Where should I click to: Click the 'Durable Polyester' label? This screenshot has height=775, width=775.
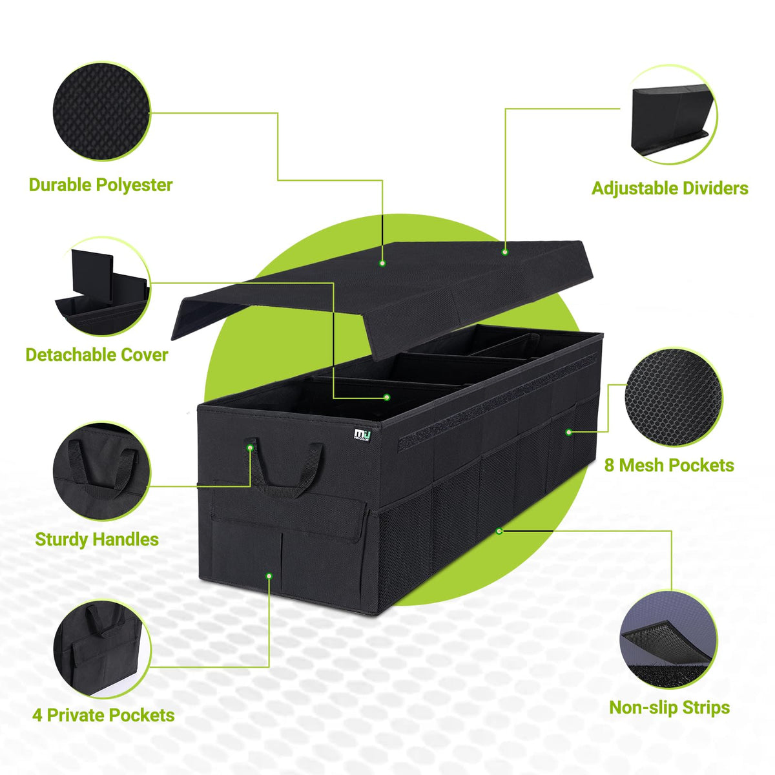[x=101, y=185]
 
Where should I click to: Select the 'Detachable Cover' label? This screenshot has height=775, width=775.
[x=96, y=355]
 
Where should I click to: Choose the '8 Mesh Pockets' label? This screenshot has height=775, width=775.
[x=669, y=465]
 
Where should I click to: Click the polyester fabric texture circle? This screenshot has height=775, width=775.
[x=101, y=111]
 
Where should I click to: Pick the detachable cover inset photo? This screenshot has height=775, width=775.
[x=102, y=287]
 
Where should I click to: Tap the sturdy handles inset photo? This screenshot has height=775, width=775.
[x=101, y=471]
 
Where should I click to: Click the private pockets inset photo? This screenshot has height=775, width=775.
[x=102, y=650]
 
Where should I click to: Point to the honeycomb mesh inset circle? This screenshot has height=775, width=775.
[x=673, y=397]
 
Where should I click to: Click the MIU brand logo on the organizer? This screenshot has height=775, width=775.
[x=362, y=435]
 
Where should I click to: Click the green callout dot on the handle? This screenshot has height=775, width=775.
[x=250, y=447]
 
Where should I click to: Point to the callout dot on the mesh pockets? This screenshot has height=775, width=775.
[x=569, y=432]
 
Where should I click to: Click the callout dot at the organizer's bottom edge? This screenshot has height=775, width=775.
[x=499, y=531]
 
